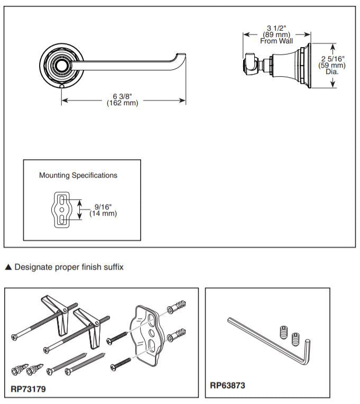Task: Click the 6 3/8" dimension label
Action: [x=123, y=96]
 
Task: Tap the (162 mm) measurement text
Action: [x=123, y=103]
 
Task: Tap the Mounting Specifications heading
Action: [x=78, y=175]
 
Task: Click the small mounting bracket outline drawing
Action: [x=62, y=209]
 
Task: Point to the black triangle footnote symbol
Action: [x=7, y=268]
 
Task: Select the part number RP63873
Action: [x=228, y=385]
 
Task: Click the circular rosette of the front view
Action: [x=62, y=66]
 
